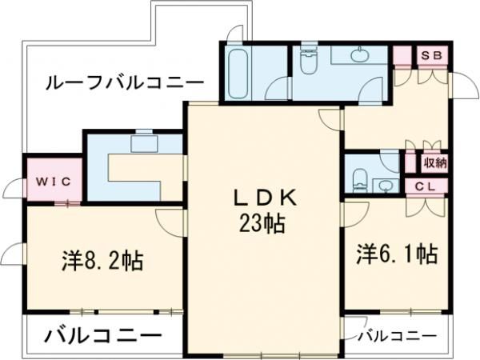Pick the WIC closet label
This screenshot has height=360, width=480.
tap(53, 181)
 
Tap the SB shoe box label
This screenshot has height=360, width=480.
tap(432, 55)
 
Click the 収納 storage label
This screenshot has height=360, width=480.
tap(434, 162)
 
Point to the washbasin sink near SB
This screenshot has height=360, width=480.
tap(360, 55)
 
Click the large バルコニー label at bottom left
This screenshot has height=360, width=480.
tap(102, 334)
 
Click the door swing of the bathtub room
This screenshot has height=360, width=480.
tap(278, 90)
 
